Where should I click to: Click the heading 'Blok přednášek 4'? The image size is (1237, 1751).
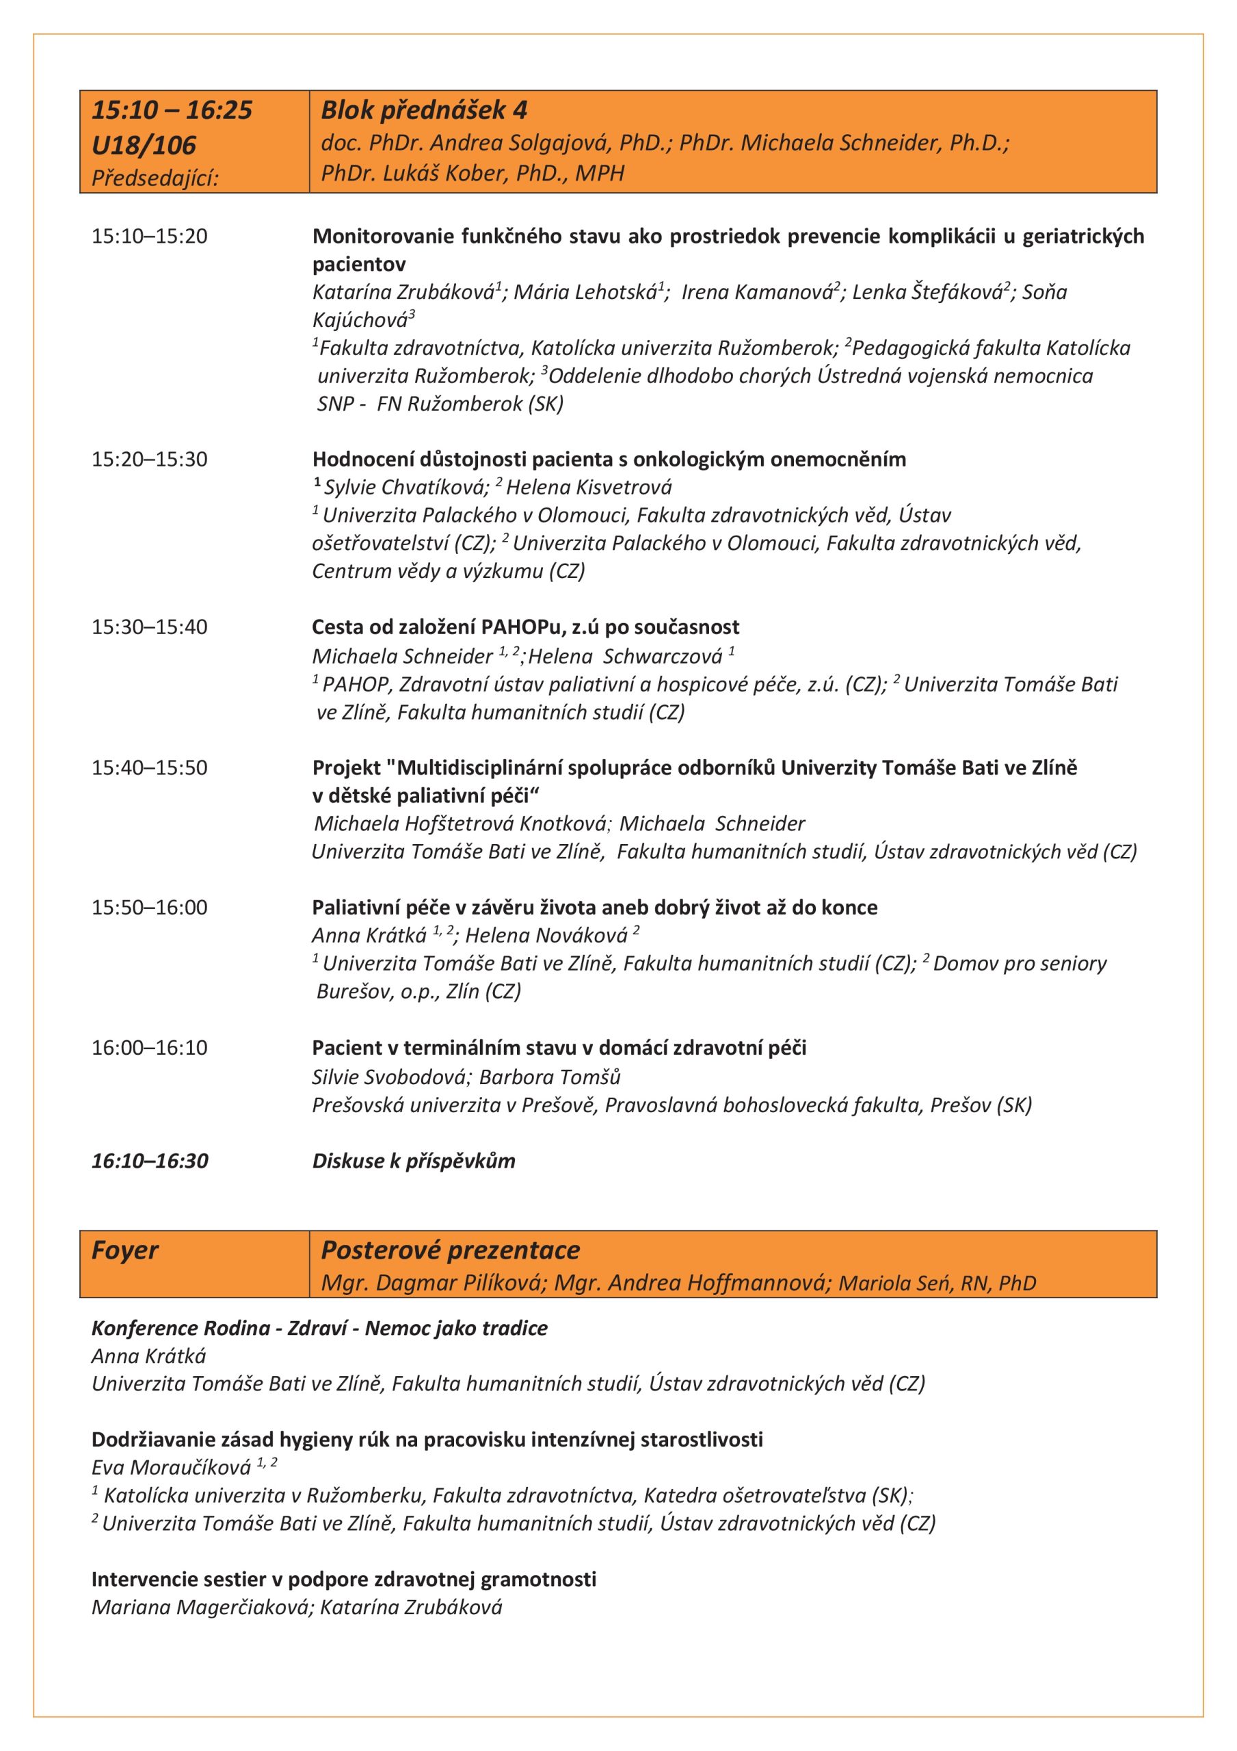(x=423, y=111)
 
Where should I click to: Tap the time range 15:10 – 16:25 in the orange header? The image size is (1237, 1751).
(x=172, y=111)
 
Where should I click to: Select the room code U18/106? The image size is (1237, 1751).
(x=144, y=145)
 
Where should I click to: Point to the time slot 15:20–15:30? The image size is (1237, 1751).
(x=150, y=459)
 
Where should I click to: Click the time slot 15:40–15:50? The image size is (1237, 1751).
(x=150, y=767)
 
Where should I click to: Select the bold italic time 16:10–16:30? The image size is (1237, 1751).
(x=150, y=1161)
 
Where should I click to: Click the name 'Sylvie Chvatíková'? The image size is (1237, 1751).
(x=405, y=487)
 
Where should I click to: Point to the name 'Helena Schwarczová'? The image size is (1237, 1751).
(x=626, y=656)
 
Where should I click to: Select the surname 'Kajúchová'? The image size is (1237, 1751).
(x=360, y=320)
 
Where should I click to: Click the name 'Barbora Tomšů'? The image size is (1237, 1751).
(x=550, y=1077)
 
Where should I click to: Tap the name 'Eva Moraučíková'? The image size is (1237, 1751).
(x=171, y=1467)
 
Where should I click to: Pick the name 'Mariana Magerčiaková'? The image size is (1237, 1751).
(x=201, y=1607)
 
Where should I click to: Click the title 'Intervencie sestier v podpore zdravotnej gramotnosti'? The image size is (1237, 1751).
(x=343, y=1579)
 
